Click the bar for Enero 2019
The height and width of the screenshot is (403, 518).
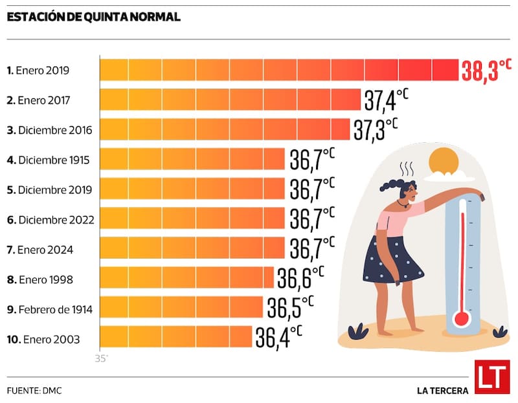tap(278, 69)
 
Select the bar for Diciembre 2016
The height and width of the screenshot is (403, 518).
tap(225, 129)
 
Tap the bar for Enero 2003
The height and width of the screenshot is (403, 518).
tap(175, 337)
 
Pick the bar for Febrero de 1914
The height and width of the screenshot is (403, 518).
tap(181, 307)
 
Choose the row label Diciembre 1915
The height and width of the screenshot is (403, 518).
tap(49, 160)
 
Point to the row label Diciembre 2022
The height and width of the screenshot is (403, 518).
tap(51, 219)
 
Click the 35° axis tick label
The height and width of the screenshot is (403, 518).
tap(102, 357)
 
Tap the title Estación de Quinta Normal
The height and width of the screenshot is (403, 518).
tap(93, 17)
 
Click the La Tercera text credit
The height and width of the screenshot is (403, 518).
tap(442, 390)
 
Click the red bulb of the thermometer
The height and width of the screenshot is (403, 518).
tap(461, 318)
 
